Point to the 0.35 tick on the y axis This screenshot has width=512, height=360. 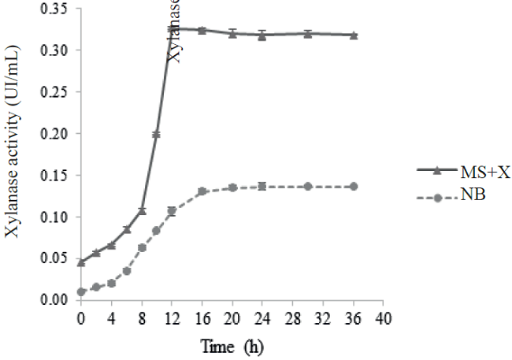pyautogui.click(x=55, y=9)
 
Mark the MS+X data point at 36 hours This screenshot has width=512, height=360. pyautogui.click(x=354, y=35)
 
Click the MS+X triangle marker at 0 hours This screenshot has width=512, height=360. pyautogui.click(x=81, y=262)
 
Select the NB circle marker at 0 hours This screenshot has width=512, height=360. pyautogui.click(x=81, y=292)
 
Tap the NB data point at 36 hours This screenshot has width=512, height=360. pyautogui.click(x=354, y=187)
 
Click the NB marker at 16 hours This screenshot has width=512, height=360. pyautogui.click(x=202, y=191)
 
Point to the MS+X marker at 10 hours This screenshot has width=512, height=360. pyautogui.click(x=157, y=135)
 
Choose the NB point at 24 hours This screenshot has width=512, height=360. pyautogui.click(x=262, y=187)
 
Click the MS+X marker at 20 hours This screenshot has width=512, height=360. pyautogui.click(x=232, y=34)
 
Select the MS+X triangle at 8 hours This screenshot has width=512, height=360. pyautogui.click(x=142, y=210)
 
